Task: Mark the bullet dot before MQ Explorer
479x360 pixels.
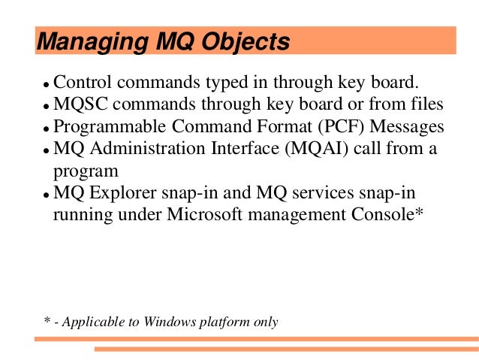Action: (x=46, y=195)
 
